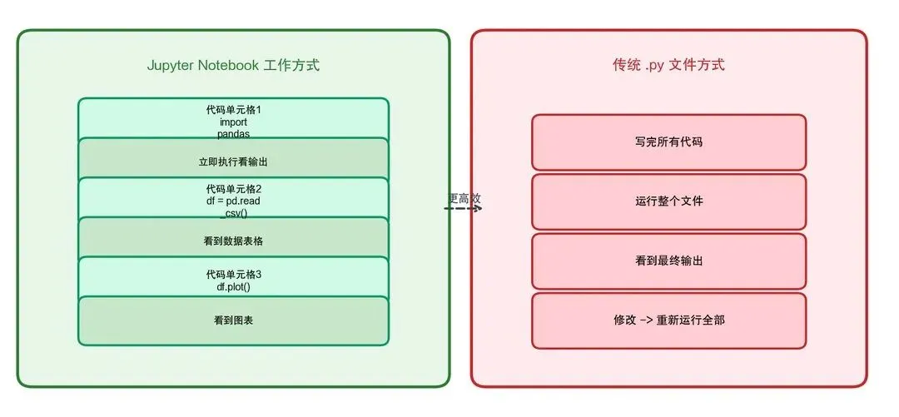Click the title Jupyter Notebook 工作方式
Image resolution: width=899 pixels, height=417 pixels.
coord(233,66)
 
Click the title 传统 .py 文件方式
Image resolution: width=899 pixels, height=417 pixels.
coord(668,65)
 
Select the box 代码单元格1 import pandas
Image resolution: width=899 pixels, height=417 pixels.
coord(233,118)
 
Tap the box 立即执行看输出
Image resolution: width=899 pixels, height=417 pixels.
coord(233,161)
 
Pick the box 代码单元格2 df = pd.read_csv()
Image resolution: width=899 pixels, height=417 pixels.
coord(233,199)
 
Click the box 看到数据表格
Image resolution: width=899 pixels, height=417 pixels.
coord(233,241)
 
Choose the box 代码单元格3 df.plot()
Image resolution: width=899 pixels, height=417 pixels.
coord(233,279)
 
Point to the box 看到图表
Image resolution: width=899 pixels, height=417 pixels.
coord(233,320)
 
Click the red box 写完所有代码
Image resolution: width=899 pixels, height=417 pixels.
coord(668,142)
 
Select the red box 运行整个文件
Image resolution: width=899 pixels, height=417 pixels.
coord(668,201)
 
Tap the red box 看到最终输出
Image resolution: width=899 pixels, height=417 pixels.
coord(668,261)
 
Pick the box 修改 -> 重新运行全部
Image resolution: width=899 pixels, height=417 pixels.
coord(668,320)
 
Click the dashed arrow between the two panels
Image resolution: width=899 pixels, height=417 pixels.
coord(463,209)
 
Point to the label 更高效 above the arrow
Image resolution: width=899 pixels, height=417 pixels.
coord(464,198)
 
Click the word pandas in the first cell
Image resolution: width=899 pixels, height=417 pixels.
coord(233,133)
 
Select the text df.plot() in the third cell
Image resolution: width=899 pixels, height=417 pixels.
coord(233,287)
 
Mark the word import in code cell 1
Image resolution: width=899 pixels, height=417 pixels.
coord(233,122)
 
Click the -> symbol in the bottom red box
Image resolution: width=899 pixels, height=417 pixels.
coord(644,320)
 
